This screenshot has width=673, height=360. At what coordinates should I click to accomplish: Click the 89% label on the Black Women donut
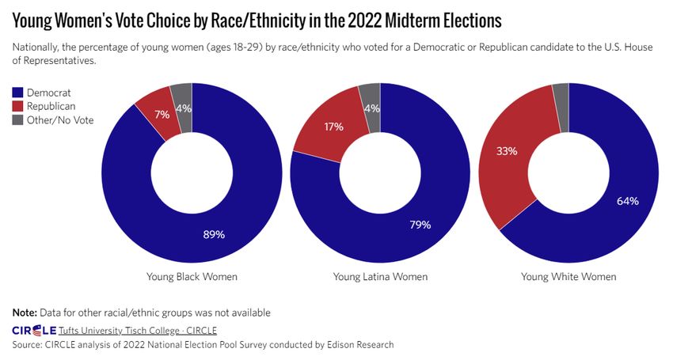click(214, 234)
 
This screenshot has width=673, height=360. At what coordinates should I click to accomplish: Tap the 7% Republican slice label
click(162, 115)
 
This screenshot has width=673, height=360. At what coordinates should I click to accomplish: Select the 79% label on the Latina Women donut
click(420, 225)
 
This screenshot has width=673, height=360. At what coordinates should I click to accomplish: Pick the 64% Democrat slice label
click(628, 201)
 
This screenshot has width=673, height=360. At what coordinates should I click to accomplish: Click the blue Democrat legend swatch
click(18, 93)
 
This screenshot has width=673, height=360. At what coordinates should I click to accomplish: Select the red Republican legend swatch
click(18, 106)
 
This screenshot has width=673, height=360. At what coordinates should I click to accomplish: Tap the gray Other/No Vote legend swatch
click(18, 119)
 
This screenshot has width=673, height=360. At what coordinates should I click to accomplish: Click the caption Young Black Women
click(192, 277)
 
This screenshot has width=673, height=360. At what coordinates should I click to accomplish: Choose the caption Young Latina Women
click(380, 277)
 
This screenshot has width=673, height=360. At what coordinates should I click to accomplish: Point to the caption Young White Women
click(568, 277)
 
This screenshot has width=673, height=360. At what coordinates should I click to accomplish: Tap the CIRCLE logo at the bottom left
click(34, 330)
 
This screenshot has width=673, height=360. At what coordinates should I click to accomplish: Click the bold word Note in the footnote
click(25, 313)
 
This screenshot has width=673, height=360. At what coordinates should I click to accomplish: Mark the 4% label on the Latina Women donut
click(371, 108)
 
